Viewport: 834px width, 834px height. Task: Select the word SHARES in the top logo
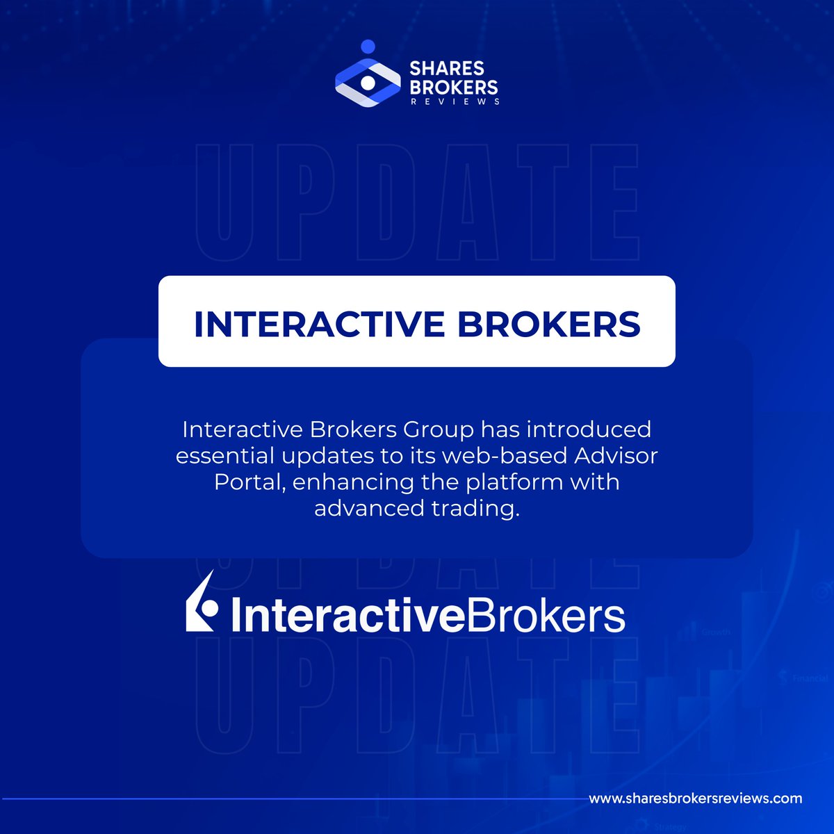pyautogui.click(x=446, y=69)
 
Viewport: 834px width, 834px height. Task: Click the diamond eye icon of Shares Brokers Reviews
pyautogui.click(x=368, y=83)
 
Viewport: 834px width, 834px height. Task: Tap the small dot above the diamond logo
pyautogui.click(x=368, y=47)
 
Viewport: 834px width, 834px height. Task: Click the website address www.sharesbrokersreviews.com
pyautogui.click(x=695, y=799)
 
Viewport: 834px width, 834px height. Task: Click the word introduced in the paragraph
pyautogui.click(x=589, y=430)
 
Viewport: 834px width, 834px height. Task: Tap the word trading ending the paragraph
pyautogui.click(x=475, y=509)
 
